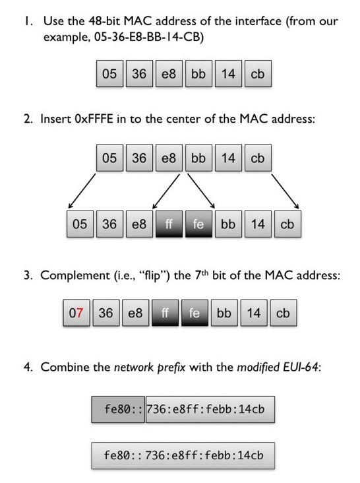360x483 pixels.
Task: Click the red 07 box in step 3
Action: [x=76, y=313]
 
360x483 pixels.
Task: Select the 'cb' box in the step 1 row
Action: [x=257, y=74]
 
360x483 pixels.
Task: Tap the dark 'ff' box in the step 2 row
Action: [x=169, y=224]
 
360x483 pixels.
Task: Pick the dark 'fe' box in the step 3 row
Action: [x=194, y=313]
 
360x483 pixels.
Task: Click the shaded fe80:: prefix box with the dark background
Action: [x=118, y=410]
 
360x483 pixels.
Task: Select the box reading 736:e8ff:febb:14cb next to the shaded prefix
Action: [x=210, y=410]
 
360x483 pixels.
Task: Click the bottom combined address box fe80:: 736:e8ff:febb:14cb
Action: [x=183, y=455]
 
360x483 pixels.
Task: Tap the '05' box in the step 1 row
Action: [x=109, y=74]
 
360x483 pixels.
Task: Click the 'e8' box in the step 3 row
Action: [x=135, y=313]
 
